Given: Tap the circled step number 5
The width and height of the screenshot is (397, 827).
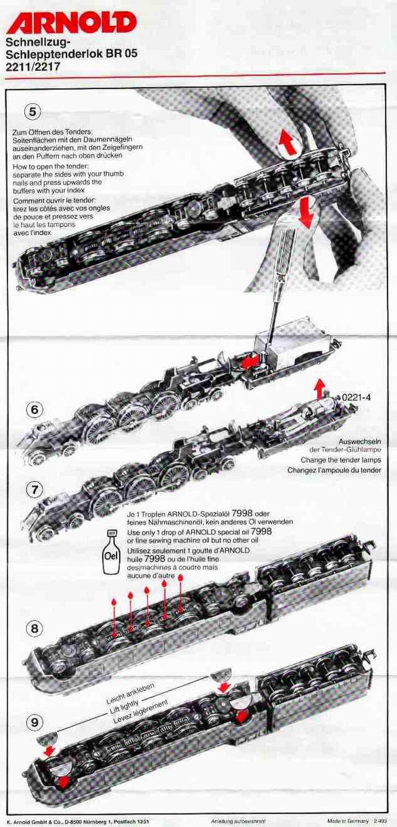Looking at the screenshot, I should point(32,112).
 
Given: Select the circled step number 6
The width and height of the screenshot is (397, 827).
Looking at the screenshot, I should point(34,410).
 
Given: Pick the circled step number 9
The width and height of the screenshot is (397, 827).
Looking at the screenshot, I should point(34,722).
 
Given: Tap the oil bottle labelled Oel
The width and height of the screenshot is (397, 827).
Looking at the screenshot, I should point(110,552).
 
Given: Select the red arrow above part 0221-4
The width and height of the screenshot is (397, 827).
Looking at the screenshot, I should point(320,387).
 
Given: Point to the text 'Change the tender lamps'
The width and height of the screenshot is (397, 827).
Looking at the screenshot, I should point(340,460).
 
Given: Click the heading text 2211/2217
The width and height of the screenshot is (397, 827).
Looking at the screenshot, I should point(33,65).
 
